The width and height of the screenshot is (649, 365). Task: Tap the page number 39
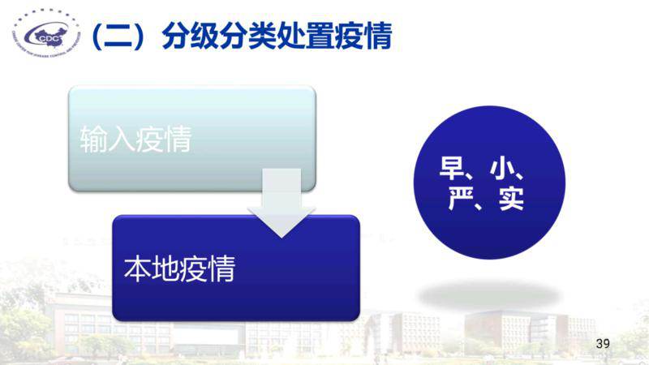602,343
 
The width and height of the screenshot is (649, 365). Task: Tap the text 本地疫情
179,268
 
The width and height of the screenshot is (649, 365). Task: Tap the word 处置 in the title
306,37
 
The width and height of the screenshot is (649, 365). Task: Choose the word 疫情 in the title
363,37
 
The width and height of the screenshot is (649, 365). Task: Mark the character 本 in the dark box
137,268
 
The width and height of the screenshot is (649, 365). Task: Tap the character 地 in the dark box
165,268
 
